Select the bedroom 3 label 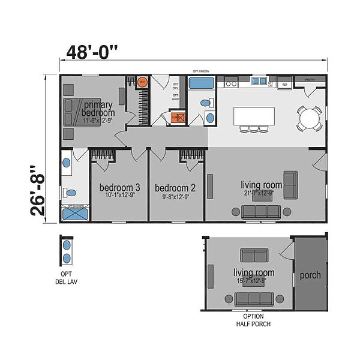(x=119, y=187)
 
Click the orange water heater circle (x=143, y=82)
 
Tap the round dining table (x=310, y=118)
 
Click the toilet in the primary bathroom (x=71, y=193)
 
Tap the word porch (x=310, y=275)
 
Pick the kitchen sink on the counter (x=259, y=80)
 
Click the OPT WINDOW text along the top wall (x=195, y=70)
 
